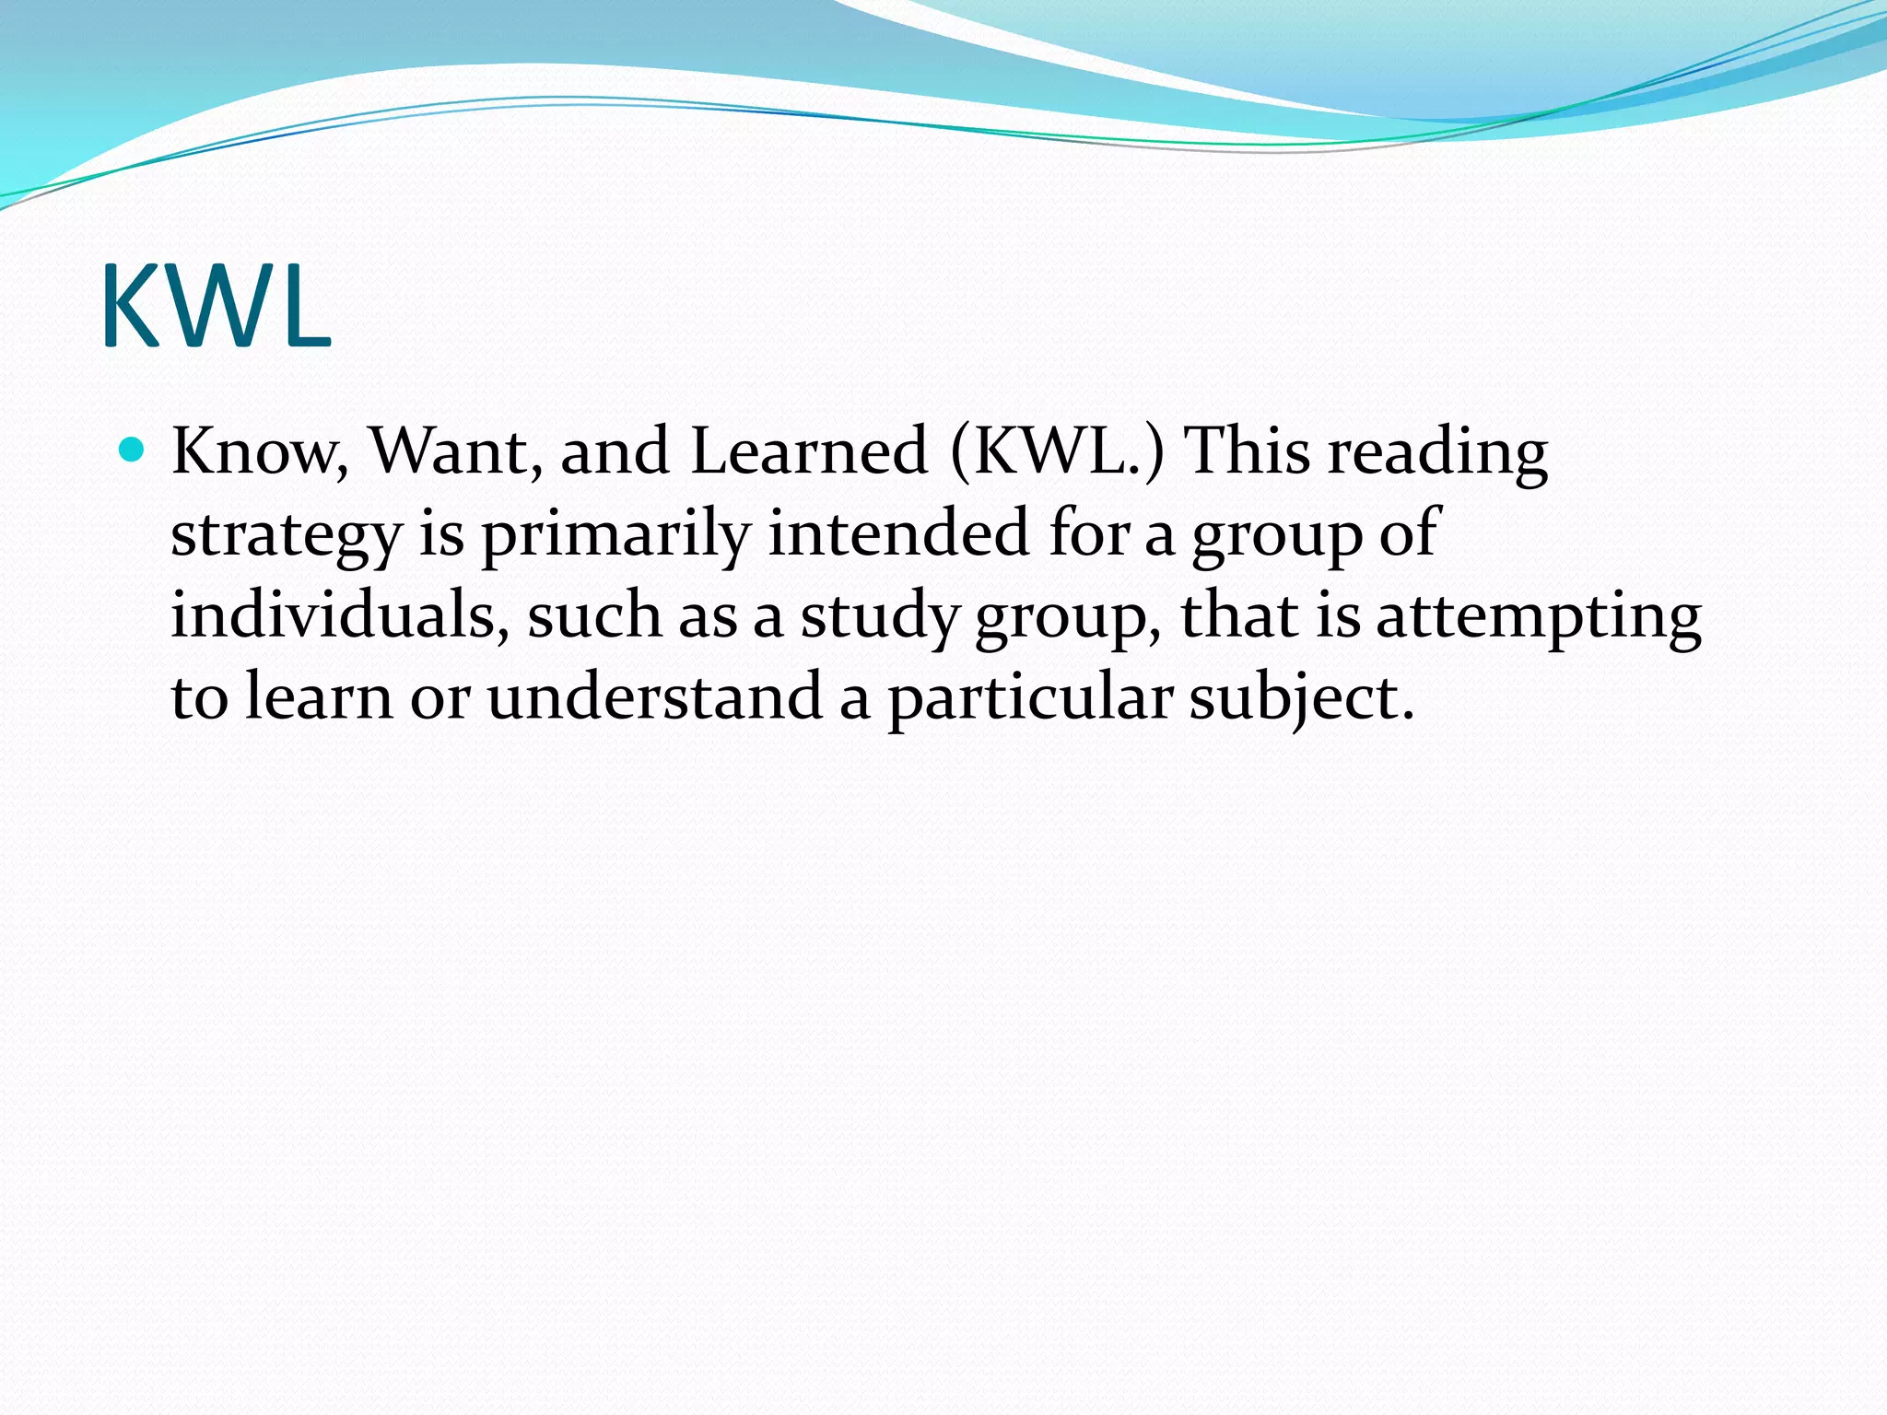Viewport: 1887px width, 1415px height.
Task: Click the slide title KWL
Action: point(216,306)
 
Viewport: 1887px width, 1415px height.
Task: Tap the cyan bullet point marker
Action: point(134,450)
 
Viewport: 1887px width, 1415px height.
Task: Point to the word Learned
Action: point(808,451)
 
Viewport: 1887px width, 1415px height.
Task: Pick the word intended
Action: point(898,533)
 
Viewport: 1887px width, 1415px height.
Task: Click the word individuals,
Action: point(340,615)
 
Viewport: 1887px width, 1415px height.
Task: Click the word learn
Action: point(319,697)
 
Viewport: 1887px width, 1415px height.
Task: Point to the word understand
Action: point(654,697)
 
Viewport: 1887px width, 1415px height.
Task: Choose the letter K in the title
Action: point(132,306)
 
